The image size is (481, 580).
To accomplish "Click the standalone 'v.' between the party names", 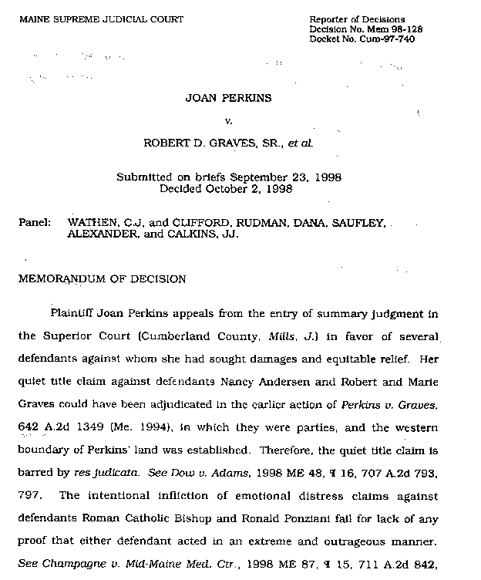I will click(228, 121).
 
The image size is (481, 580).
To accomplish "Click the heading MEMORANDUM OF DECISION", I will click(102, 278).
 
